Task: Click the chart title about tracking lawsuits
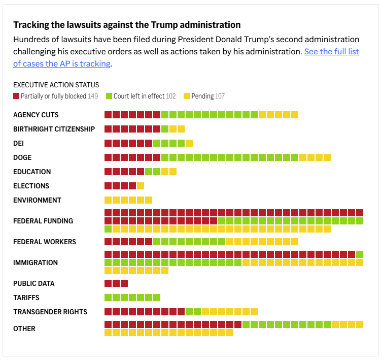[127, 24]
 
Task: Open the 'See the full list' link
[331, 51]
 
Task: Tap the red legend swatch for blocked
[16, 96]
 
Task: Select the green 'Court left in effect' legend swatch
[109, 96]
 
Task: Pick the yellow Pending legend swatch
[187, 96]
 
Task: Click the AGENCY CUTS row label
[36, 115]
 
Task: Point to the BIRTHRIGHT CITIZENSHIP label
[54, 129]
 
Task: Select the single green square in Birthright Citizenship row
[165, 129]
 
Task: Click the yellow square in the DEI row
[189, 143]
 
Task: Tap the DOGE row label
[22, 157]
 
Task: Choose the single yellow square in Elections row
[141, 186]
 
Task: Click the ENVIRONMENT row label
[37, 200]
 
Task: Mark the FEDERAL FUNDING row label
[43, 221]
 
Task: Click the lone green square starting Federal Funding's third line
[108, 229]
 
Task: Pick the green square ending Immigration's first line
[360, 254]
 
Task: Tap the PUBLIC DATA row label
[33, 283]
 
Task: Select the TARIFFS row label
[26, 298]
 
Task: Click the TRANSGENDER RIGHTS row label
[50, 312]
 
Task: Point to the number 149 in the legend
[93, 96]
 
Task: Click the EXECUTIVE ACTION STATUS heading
[56, 85]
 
